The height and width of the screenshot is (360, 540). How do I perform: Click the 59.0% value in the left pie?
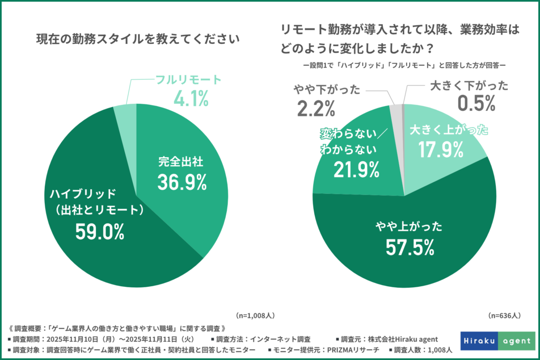pyautogui.click(x=100, y=231)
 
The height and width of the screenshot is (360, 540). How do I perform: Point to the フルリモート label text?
pyautogui.click(x=188, y=81)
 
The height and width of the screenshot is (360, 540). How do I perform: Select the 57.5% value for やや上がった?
pyautogui.click(x=404, y=246)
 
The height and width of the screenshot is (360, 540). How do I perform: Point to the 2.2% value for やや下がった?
pyautogui.click(x=316, y=108)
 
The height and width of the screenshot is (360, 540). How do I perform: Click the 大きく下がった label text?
pyautogui.click(x=469, y=85)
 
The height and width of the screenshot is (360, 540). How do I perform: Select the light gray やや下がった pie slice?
pyautogui.click(x=396, y=110)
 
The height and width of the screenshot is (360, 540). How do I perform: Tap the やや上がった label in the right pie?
pyautogui.click(x=404, y=227)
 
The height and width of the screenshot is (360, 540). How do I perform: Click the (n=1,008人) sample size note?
pyautogui.click(x=255, y=315)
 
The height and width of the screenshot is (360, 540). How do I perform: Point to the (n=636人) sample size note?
pyautogui.click(x=504, y=315)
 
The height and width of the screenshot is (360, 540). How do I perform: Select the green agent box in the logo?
pyautogui.click(x=515, y=341)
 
